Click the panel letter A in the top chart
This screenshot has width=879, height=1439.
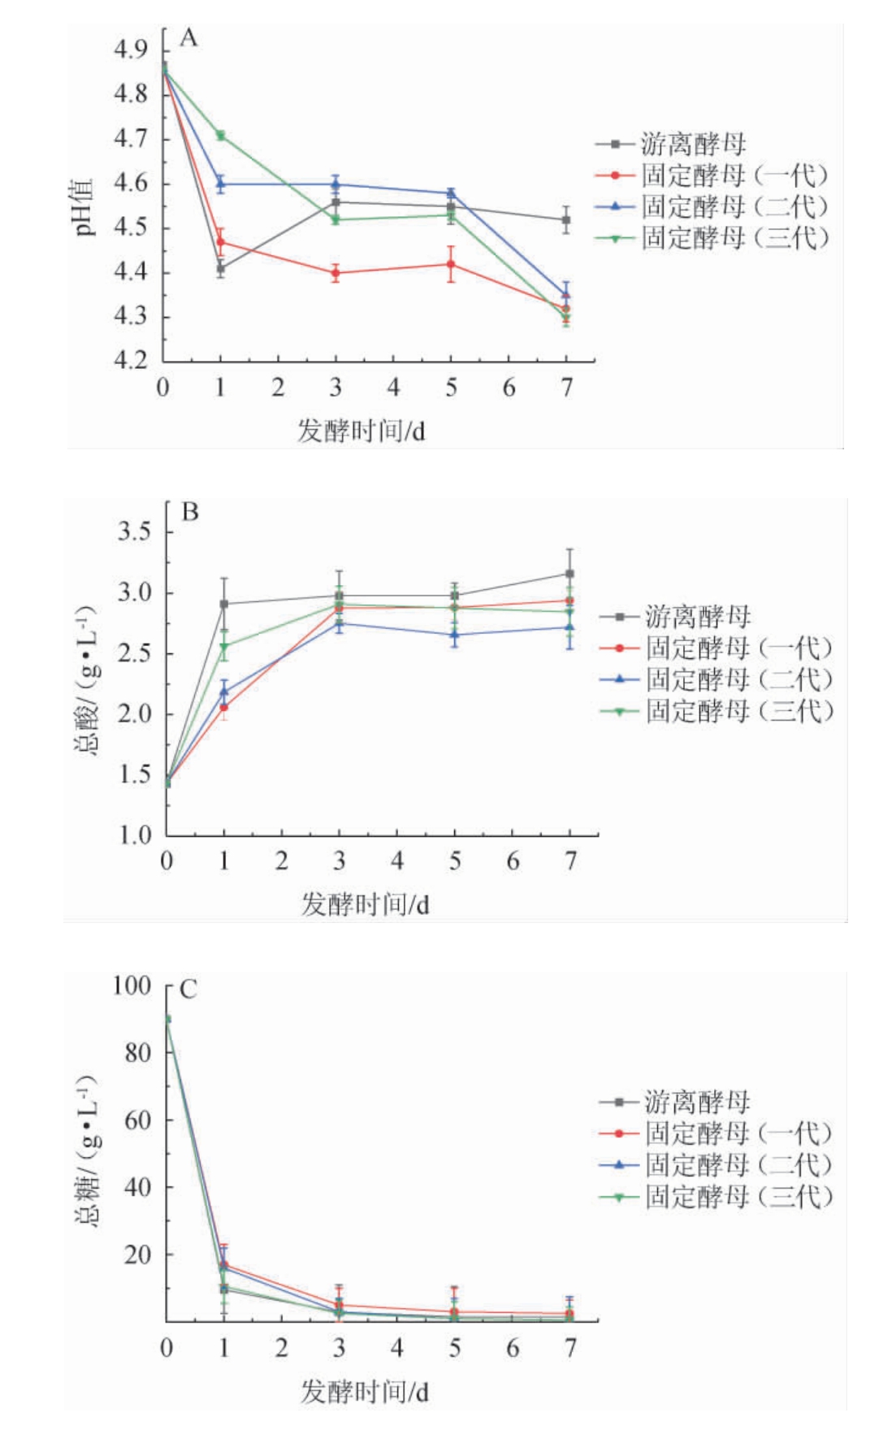click(x=188, y=38)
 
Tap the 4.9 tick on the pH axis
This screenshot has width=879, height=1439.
click(x=130, y=50)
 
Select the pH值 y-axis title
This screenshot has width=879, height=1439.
click(x=84, y=206)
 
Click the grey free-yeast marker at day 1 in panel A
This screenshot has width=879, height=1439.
click(x=220, y=267)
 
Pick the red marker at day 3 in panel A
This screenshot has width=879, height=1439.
click(x=336, y=273)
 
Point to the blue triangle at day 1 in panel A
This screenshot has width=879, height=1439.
click(x=220, y=184)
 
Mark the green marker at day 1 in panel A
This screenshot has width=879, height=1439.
click(x=220, y=136)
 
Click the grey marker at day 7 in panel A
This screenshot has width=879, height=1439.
click(x=566, y=219)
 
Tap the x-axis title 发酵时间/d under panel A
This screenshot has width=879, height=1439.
click(x=361, y=431)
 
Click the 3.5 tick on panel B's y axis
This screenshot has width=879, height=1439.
click(x=134, y=532)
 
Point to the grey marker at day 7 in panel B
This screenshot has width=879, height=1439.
click(x=569, y=574)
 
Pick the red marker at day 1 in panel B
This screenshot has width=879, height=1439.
click(x=223, y=708)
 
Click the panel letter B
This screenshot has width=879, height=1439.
click(x=190, y=512)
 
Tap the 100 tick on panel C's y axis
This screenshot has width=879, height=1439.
click(x=132, y=986)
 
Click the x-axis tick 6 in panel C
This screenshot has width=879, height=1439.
click(x=513, y=1349)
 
